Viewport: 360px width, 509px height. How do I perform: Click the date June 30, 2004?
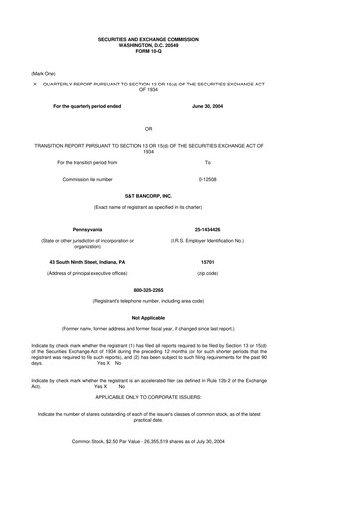click(208, 105)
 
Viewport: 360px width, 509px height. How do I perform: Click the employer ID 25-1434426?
click(208, 230)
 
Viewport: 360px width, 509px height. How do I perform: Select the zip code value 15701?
click(208, 261)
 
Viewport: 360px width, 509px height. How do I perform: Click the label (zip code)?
click(208, 272)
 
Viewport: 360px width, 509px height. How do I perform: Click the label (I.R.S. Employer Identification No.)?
click(208, 240)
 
